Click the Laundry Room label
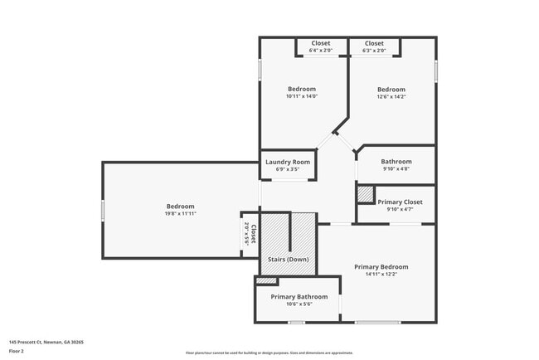point(288,162)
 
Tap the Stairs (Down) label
point(288,260)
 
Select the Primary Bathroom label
point(299,296)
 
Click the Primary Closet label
point(400,202)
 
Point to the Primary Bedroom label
point(381,266)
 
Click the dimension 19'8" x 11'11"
point(180,213)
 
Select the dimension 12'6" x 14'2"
point(391,96)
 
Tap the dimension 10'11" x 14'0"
point(302,96)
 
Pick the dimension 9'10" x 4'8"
point(396,168)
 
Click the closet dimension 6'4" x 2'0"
point(320,51)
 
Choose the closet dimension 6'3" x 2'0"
point(374,51)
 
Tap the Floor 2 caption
point(17,351)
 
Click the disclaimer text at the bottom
point(269,353)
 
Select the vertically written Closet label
point(254,234)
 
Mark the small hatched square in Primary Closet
point(365,194)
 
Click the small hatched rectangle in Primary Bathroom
point(265,280)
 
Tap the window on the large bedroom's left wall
point(103,210)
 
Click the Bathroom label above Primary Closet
point(396,161)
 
